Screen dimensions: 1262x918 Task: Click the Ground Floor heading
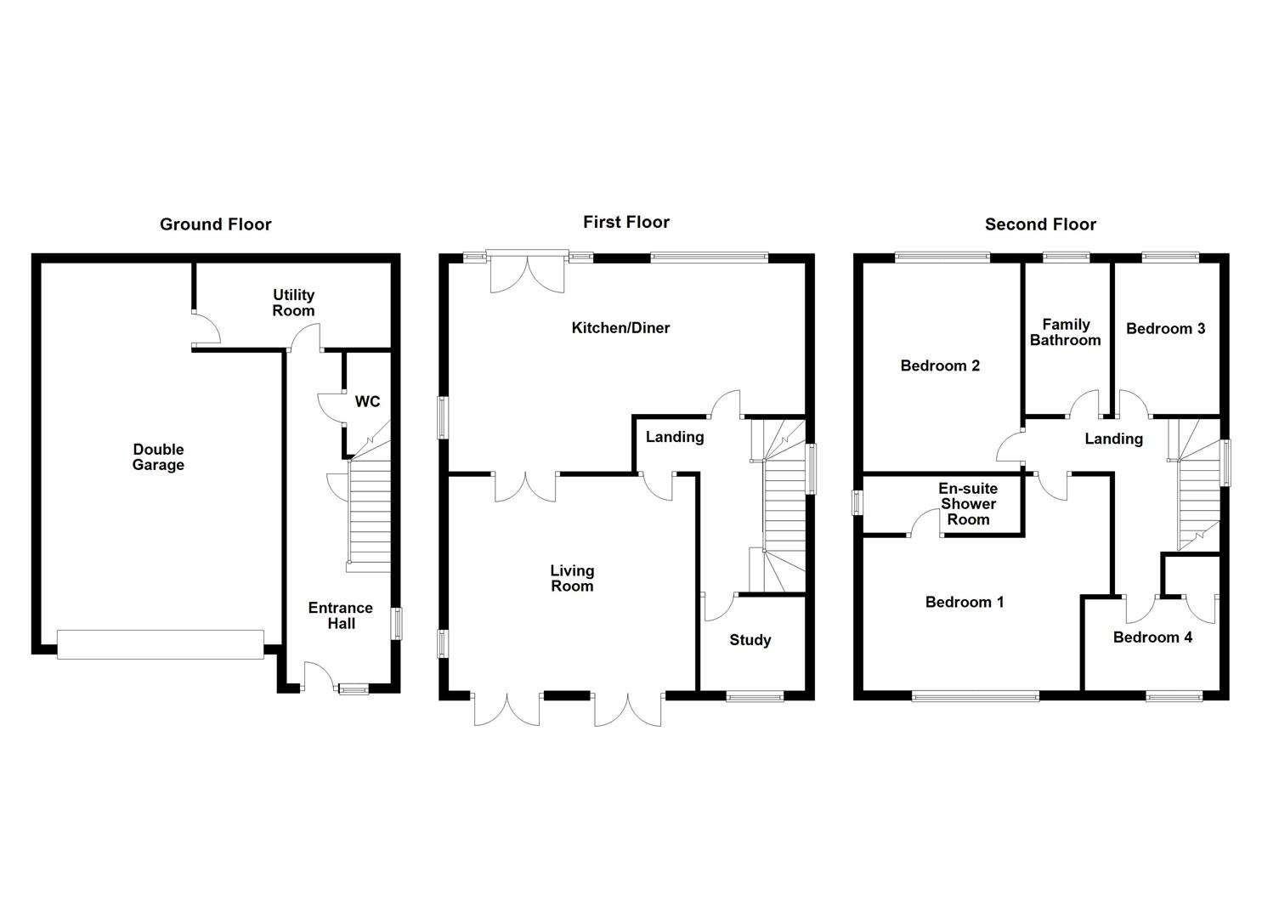pyautogui.click(x=215, y=224)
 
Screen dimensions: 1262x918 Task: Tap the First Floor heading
pyautogui.click(x=626, y=222)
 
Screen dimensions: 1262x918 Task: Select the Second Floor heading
pyautogui.click(x=1040, y=224)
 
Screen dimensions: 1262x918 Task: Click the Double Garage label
pyautogui.click(x=158, y=457)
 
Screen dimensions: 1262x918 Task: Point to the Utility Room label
pyautogui.click(x=293, y=303)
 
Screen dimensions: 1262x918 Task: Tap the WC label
pyautogui.click(x=367, y=401)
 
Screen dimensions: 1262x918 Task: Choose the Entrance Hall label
pyautogui.click(x=340, y=615)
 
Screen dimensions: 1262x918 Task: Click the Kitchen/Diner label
pyautogui.click(x=620, y=328)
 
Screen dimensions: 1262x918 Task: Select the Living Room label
pyautogui.click(x=572, y=578)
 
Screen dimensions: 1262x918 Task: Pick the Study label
pyautogui.click(x=750, y=640)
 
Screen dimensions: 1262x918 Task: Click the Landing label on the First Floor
pyautogui.click(x=675, y=437)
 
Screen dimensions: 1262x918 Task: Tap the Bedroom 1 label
pyautogui.click(x=965, y=602)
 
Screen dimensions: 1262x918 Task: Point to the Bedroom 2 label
pyautogui.click(x=940, y=365)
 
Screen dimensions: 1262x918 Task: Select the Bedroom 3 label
pyautogui.click(x=1165, y=329)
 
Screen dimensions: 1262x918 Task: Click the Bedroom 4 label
pyautogui.click(x=1152, y=637)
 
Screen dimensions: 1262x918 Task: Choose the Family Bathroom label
pyautogui.click(x=1066, y=332)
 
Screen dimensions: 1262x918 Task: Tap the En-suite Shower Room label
pyautogui.click(x=968, y=504)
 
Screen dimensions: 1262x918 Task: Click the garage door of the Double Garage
pyautogui.click(x=161, y=644)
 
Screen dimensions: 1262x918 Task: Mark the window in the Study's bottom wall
pyautogui.click(x=755, y=696)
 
